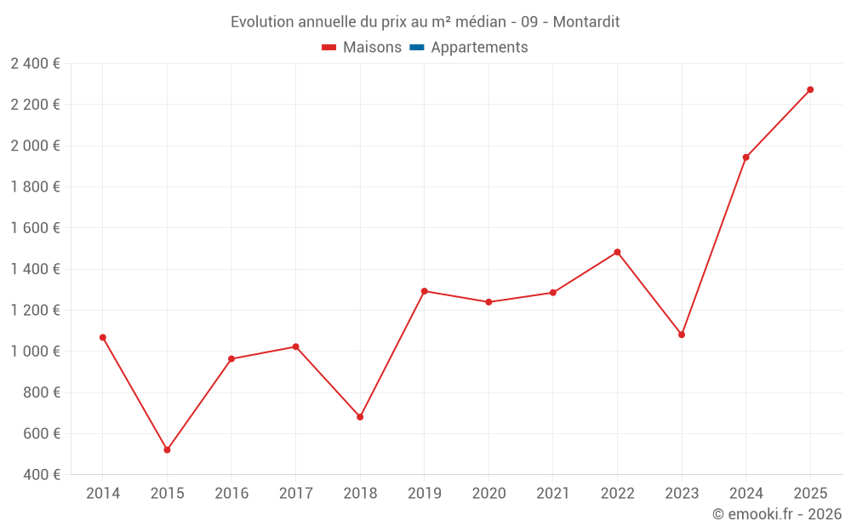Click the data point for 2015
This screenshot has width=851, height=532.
(167, 449)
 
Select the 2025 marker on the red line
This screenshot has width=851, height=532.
(810, 89)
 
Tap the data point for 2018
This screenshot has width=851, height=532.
(360, 417)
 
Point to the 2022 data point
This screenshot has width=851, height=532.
(617, 252)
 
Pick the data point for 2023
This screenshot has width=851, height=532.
(682, 335)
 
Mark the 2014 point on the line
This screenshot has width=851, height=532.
(103, 337)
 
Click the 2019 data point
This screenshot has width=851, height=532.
(425, 291)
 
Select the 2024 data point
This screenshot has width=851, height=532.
(746, 157)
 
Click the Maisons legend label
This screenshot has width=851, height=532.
(372, 48)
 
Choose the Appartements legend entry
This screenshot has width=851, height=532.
(479, 48)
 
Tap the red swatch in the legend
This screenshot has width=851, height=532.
(329, 48)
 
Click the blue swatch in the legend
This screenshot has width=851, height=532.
(417, 48)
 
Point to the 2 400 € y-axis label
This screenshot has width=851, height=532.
(35, 64)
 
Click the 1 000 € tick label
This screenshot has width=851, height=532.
(35, 352)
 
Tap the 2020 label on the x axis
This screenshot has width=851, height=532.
(488, 494)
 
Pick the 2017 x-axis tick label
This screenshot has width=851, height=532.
(295, 494)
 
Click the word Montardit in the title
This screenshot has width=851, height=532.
(586, 22)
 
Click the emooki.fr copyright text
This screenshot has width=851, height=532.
(777, 514)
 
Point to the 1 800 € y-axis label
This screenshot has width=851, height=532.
(35, 187)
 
